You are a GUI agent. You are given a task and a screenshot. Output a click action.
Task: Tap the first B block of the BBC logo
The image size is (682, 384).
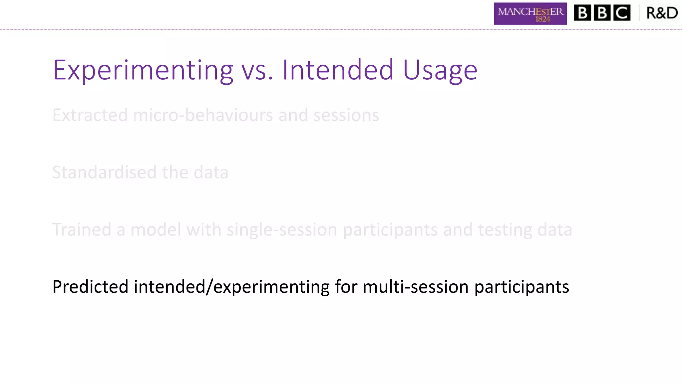pos(582,13)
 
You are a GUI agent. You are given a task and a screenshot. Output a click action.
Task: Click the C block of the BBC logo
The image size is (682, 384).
pos(622,13)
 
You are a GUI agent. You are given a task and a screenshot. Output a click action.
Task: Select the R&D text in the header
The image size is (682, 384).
pos(662,13)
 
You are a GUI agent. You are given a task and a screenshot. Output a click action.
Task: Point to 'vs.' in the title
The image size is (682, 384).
pos(257,71)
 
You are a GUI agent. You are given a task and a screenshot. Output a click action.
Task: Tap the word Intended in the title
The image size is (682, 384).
pos(338,70)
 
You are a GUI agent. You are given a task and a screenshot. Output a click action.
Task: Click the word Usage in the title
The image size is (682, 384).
pos(440,71)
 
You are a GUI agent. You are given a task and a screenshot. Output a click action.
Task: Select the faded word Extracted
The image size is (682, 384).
pos(90,115)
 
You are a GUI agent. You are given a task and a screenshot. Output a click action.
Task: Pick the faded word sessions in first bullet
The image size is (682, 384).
pos(346,115)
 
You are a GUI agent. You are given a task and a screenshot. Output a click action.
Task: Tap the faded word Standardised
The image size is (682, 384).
pos(104,173)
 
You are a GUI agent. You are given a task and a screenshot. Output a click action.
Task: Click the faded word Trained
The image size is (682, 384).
pos(82,230)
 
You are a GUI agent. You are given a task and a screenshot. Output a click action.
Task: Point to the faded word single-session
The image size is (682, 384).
pos(282,230)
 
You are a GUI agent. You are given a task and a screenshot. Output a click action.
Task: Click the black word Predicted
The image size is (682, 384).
pos(90,287)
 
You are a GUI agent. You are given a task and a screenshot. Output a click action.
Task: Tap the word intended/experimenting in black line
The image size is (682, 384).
pos(231,287)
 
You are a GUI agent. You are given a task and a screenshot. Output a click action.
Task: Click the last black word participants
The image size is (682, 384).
pos(521,287)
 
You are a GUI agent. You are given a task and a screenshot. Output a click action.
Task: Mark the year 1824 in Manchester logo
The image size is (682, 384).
pos(542,19)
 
